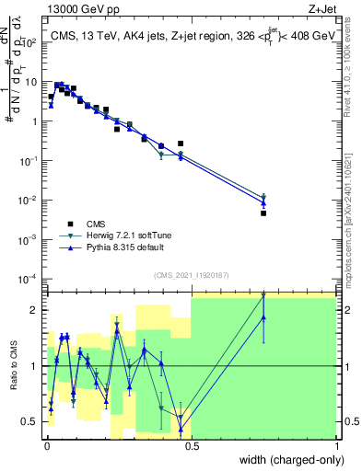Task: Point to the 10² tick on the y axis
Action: pos(31,42)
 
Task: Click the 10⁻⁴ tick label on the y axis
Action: pos(31,279)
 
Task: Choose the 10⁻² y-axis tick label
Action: pos(31,200)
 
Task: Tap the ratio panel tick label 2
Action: pos(37,310)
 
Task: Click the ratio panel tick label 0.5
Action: pos(33,421)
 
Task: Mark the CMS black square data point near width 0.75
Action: pos(263,213)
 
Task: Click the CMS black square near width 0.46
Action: pos(181,144)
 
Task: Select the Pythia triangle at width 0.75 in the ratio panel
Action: pos(263,317)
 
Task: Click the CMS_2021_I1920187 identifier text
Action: pos(191,274)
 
